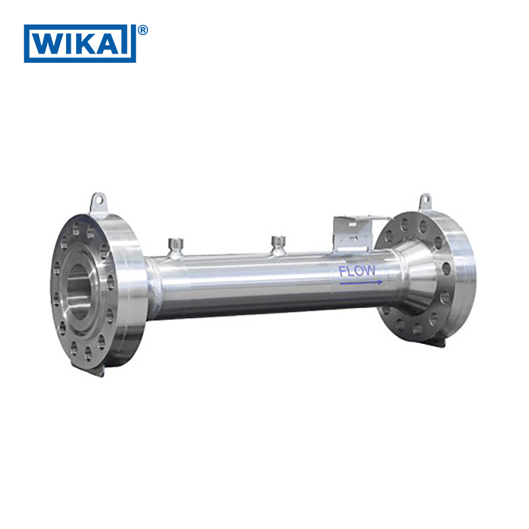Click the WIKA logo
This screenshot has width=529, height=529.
[79, 44]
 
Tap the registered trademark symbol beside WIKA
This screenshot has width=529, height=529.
[143, 30]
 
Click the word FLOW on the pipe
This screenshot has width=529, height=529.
[357, 270]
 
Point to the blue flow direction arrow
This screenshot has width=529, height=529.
[360, 282]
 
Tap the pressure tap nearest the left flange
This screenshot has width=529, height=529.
[175, 246]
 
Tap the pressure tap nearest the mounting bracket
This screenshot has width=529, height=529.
[278, 243]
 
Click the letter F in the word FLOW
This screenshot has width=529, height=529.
[343, 270]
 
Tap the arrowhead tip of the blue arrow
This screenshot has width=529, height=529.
[382, 282]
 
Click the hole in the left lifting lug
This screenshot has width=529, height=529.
[98, 198]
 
